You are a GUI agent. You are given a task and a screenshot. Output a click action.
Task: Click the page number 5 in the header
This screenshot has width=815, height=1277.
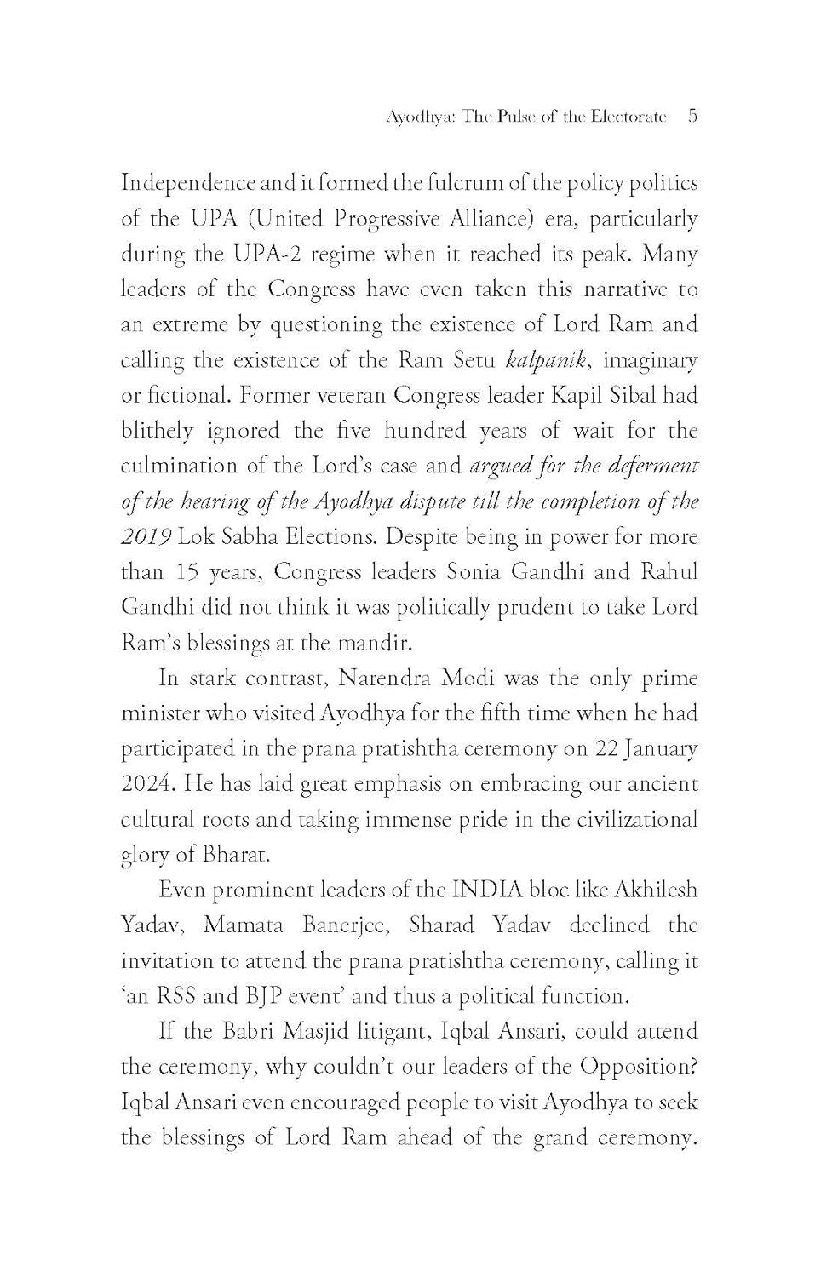point(692,117)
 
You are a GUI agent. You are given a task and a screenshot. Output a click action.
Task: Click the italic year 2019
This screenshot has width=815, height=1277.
point(146,537)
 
